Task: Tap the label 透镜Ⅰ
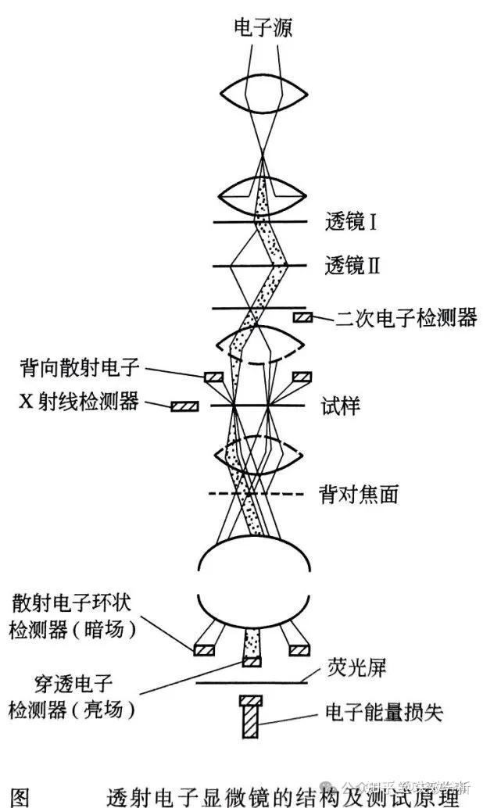pyautogui.click(x=351, y=223)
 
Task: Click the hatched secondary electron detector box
pyautogui.click(x=303, y=316)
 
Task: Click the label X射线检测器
pyautogui.click(x=79, y=402)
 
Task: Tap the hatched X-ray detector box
pyautogui.click(x=184, y=406)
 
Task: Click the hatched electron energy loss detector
pyautogui.click(x=252, y=717)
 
